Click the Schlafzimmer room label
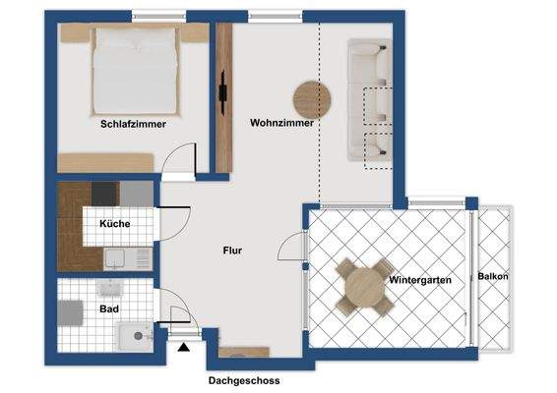(x=133, y=125)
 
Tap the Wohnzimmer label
(x=282, y=124)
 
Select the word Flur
(x=232, y=250)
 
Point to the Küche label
(x=114, y=224)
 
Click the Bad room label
(x=109, y=309)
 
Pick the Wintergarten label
(x=420, y=280)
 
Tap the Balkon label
(x=493, y=277)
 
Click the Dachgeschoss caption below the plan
(x=244, y=380)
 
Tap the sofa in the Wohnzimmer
(x=370, y=100)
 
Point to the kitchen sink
(x=115, y=258)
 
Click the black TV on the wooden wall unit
(x=225, y=94)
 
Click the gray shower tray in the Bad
(x=69, y=313)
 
